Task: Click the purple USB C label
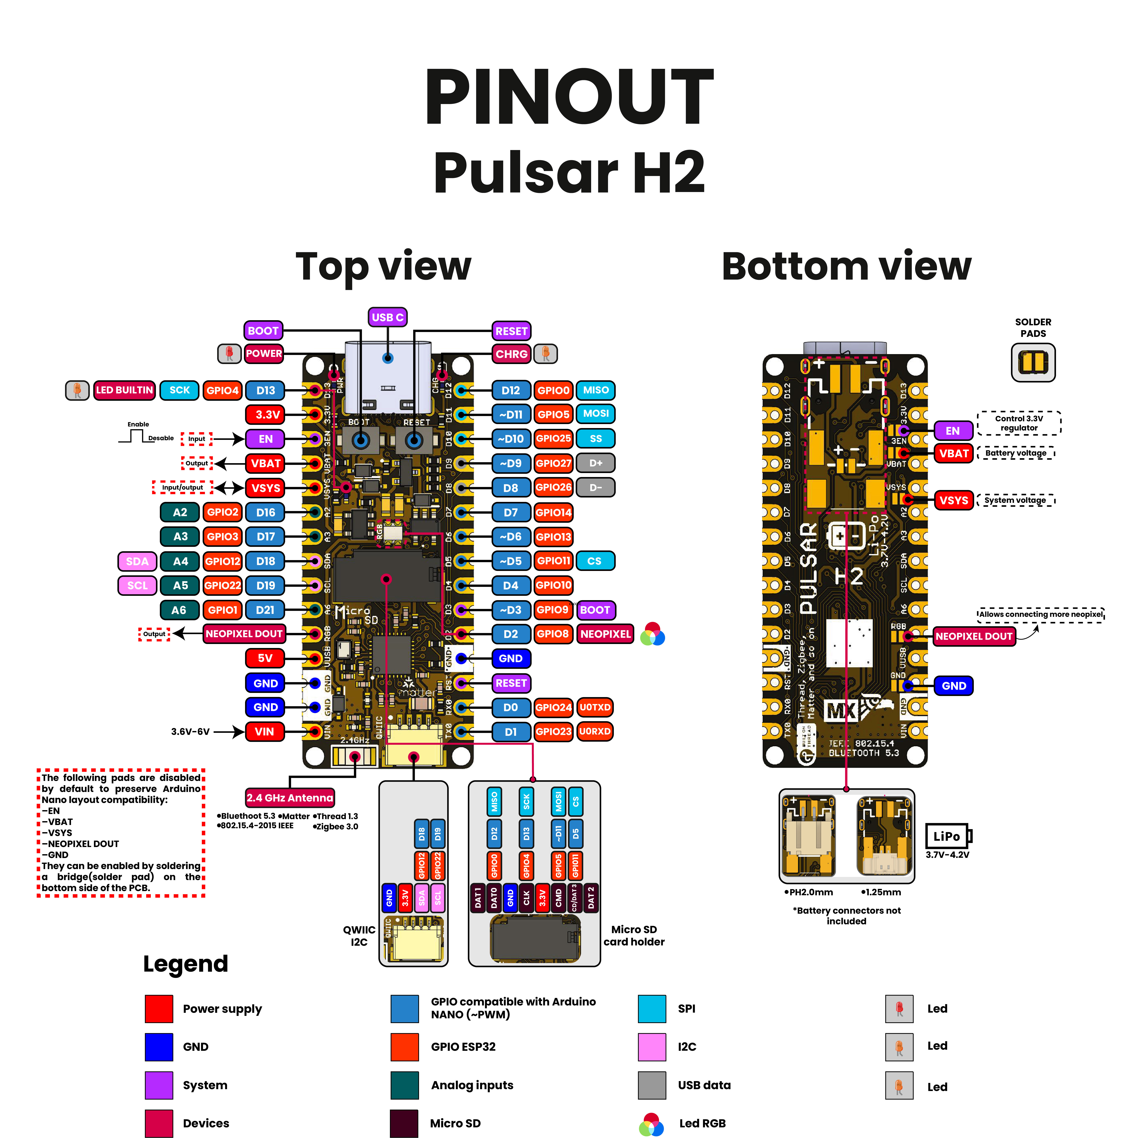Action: (387, 317)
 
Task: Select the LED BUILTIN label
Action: (124, 390)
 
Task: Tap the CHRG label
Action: (511, 354)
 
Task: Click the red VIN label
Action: (264, 732)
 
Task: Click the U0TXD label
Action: (595, 708)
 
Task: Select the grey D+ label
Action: (595, 463)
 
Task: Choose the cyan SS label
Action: (595, 439)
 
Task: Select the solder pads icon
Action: (1033, 362)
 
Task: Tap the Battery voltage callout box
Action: (1016, 453)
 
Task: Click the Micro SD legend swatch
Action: (404, 1123)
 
